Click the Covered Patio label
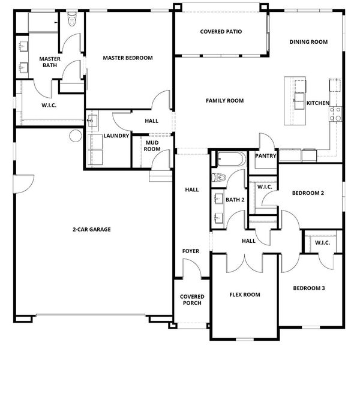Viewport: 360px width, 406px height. [x=221, y=32]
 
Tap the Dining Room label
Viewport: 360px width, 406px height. [x=308, y=42]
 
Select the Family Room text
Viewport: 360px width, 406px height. [x=224, y=101]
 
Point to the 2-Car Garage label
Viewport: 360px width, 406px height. [x=91, y=230]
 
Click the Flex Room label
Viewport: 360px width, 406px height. [x=245, y=294]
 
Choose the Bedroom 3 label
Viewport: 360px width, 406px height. [x=309, y=288]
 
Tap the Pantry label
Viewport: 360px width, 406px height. [x=265, y=155]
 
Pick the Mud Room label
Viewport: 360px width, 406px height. [x=152, y=146]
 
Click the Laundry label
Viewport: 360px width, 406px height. [x=116, y=136]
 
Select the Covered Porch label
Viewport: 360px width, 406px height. [x=192, y=300]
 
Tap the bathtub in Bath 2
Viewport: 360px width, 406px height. [x=231, y=158]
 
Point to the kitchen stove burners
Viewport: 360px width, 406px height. [x=335, y=114]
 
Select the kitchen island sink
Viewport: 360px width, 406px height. [x=299, y=101]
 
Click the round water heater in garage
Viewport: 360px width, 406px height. [x=76, y=136]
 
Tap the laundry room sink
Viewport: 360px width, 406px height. [x=92, y=121]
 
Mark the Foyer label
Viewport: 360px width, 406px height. [x=191, y=251]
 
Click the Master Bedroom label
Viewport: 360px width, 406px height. [x=128, y=58]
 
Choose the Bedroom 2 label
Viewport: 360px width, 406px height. [x=308, y=193]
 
